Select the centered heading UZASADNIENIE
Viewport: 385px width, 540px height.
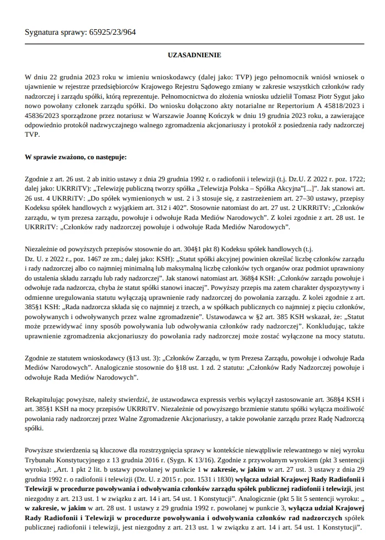point(194,55)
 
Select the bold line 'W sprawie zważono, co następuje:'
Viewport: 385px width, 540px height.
point(76,157)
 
